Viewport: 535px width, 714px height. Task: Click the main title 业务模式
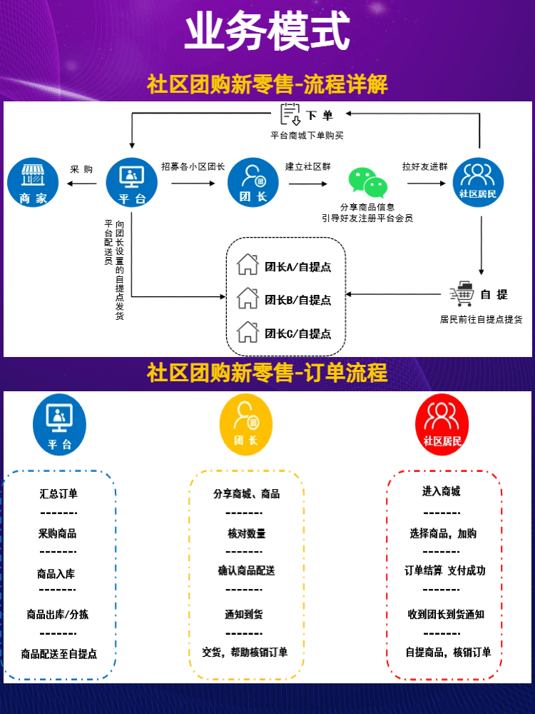click(267, 31)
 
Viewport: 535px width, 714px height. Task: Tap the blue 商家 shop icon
click(33, 183)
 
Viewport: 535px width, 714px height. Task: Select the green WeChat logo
click(368, 183)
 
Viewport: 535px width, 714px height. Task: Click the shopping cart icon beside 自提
click(462, 293)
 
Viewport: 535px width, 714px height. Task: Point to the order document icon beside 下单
click(290, 115)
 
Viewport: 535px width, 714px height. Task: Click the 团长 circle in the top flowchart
click(253, 183)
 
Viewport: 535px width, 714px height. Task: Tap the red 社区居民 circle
click(442, 424)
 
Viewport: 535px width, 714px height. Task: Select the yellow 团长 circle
click(246, 424)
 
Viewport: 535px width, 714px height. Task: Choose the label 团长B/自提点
click(297, 300)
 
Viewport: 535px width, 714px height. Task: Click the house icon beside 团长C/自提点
click(248, 332)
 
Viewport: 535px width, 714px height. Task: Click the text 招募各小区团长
click(193, 166)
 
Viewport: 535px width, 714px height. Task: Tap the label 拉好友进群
click(425, 166)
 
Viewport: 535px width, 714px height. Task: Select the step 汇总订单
click(58, 493)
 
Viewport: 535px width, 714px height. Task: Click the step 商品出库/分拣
click(58, 614)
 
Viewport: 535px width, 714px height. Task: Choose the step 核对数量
click(246, 533)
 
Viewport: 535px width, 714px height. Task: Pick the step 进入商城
click(441, 491)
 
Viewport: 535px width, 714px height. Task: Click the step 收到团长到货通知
click(446, 614)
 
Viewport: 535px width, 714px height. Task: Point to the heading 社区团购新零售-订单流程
click(267, 372)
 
